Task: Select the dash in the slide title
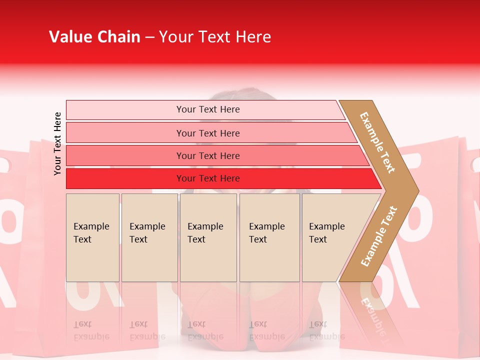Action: [x=149, y=37]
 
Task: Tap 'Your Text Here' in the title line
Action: [x=215, y=37]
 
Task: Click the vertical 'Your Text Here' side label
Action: [x=57, y=143]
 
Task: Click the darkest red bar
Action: [x=125, y=178]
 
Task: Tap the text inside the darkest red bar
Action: [x=208, y=178]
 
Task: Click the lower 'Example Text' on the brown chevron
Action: [x=379, y=236]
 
